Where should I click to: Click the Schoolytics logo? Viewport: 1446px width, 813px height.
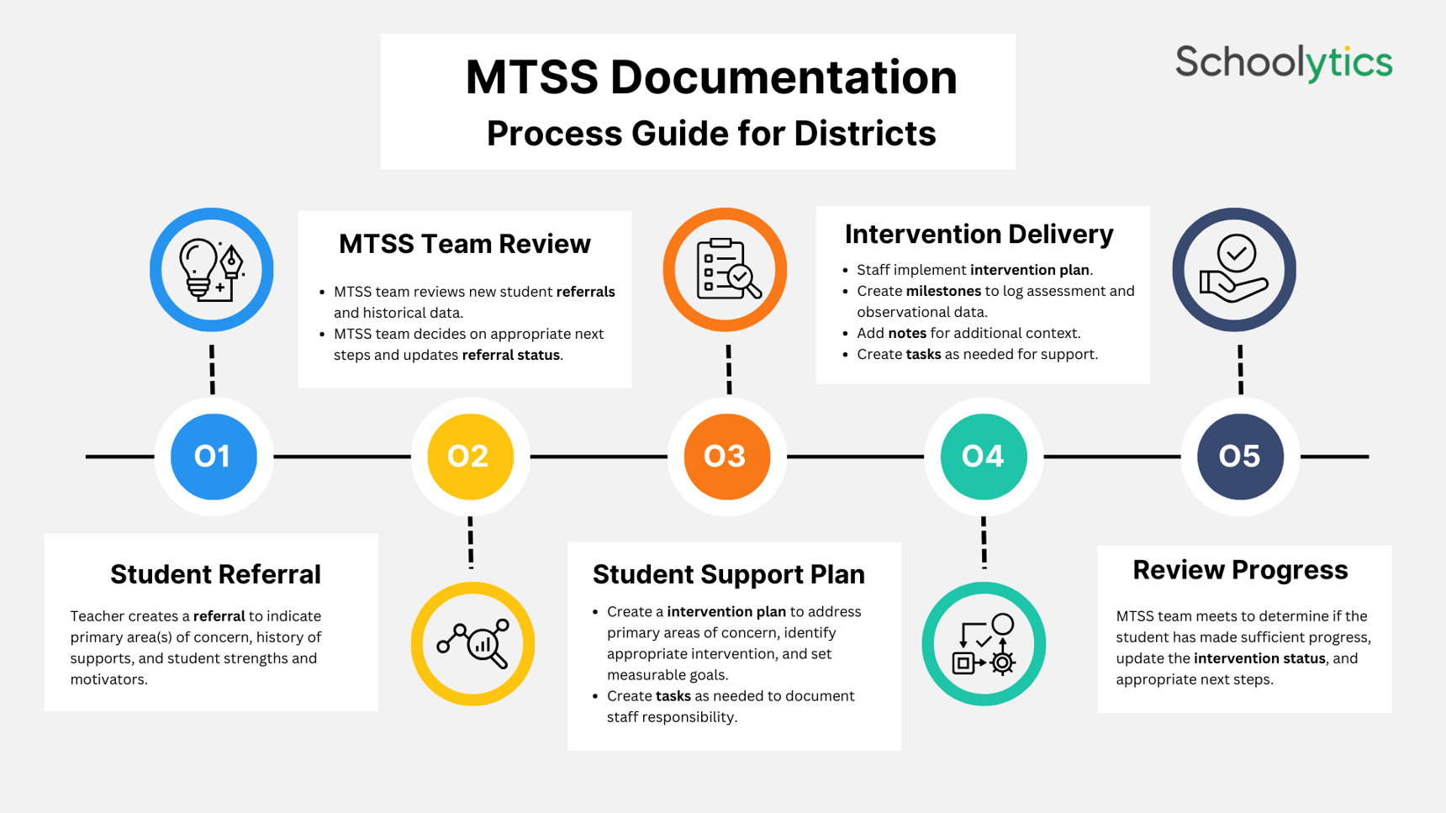(1283, 63)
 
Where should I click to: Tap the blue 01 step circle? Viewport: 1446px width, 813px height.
(213, 457)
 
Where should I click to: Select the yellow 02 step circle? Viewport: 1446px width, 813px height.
(470, 457)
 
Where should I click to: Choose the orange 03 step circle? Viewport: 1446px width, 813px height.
(726, 457)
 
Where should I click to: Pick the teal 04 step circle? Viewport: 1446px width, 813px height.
(984, 457)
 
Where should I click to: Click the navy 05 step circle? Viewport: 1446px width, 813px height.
(1240, 457)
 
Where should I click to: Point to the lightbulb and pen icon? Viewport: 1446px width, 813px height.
(212, 270)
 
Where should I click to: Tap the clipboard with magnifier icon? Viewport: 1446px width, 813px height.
(726, 270)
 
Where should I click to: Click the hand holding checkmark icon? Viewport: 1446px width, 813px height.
(1234, 270)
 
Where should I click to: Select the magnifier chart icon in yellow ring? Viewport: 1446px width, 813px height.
(473, 644)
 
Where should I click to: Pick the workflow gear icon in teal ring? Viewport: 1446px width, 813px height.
(984, 644)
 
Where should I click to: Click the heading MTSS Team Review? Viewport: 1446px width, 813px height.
(464, 244)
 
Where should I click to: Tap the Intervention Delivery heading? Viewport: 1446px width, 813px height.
(979, 234)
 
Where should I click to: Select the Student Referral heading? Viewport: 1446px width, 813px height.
(215, 574)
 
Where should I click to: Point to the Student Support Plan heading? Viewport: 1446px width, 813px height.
(728, 574)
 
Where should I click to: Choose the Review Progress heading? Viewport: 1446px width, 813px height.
(1240, 569)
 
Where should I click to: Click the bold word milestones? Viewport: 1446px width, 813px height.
(943, 291)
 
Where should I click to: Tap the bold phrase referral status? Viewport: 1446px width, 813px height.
(510, 355)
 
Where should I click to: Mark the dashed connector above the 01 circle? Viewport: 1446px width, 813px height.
(212, 369)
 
